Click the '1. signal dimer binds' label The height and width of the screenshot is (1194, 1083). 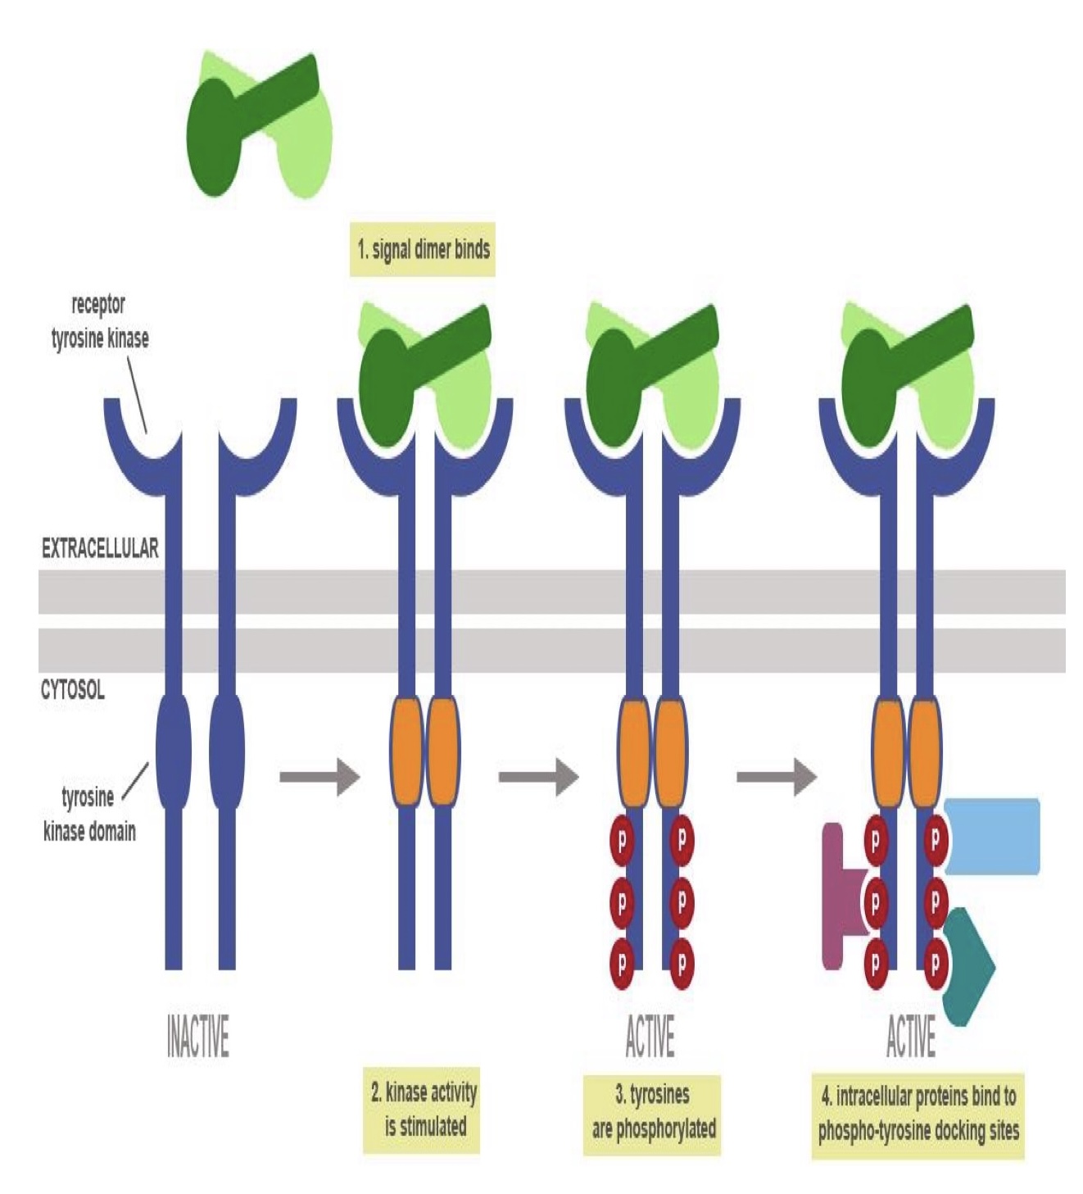(x=423, y=249)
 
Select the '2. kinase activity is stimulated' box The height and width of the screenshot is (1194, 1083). (x=422, y=1109)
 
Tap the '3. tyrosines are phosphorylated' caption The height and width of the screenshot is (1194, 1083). (x=652, y=1112)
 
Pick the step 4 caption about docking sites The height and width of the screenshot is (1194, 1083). (x=918, y=1114)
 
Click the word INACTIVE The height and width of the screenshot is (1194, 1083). (x=197, y=1036)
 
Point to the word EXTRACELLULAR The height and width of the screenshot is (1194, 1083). (x=99, y=548)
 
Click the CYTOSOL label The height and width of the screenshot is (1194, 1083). (x=73, y=690)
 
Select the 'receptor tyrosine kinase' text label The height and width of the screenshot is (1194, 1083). (x=99, y=321)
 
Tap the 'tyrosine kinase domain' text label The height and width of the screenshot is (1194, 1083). (x=88, y=814)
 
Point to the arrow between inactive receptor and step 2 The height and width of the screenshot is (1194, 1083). (x=319, y=776)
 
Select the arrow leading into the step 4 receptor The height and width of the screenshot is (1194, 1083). (x=775, y=776)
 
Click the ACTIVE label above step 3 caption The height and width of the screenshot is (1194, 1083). (x=650, y=1036)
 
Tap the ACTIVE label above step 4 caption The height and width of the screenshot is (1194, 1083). (x=910, y=1036)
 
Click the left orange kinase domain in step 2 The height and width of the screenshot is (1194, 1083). (x=406, y=751)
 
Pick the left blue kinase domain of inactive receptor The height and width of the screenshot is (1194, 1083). (x=173, y=751)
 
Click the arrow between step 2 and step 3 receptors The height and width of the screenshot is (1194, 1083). (x=537, y=776)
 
